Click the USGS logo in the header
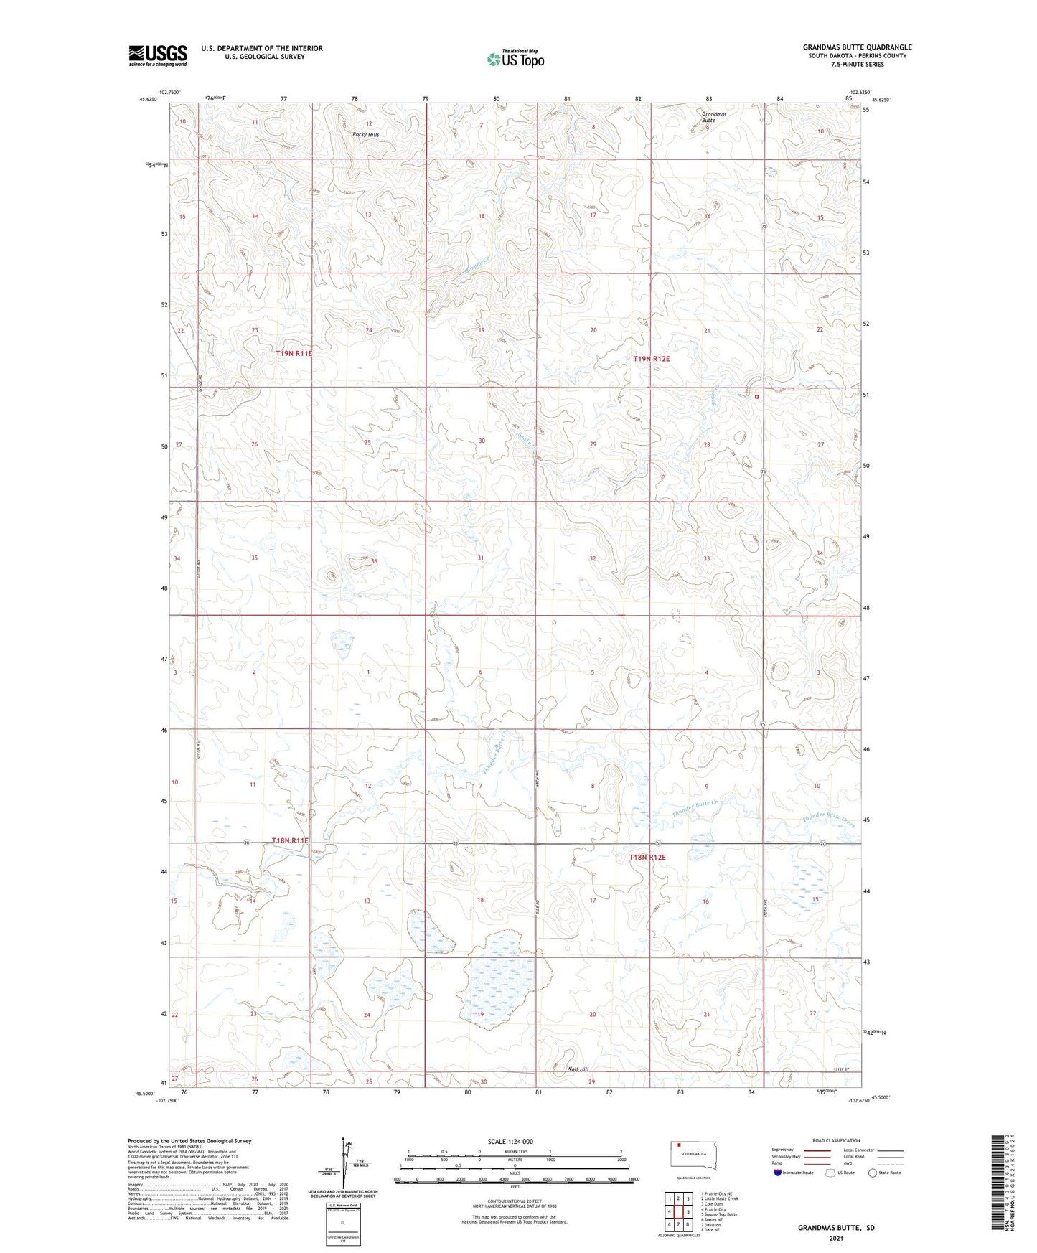pyautogui.click(x=158, y=55)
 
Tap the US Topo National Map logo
pyautogui.click(x=515, y=59)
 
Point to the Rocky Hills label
pyautogui.click(x=365, y=134)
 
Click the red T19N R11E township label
pyautogui.click(x=294, y=353)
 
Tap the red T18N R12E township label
pyautogui.click(x=647, y=858)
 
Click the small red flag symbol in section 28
pyautogui.click(x=756, y=396)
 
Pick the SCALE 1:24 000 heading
pyautogui.click(x=510, y=1141)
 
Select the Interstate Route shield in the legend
pyautogui.click(x=778, y=1173)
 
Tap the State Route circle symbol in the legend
pyautogui.click(x=873, y=1173)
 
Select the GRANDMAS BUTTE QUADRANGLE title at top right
pyautogui.click(x=857, y=47)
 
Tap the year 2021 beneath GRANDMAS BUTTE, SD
pyautogui.click(x=835, y=1238)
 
